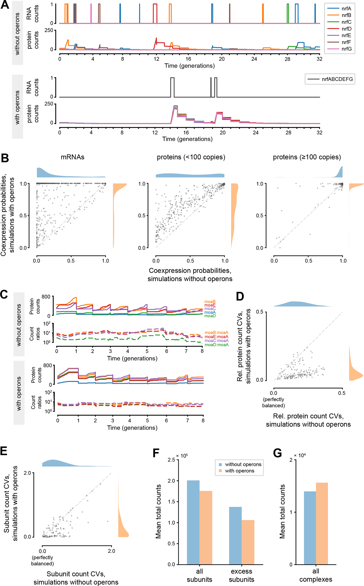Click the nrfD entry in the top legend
346,29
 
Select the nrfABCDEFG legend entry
337,79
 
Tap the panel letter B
5,158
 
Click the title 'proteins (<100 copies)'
191,157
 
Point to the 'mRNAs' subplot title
72,157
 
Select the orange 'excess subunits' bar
248,542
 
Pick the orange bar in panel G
322,523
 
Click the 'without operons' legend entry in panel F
243,464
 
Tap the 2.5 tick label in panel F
171,460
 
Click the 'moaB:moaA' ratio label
216,333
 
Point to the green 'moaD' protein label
210,316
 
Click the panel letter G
277,453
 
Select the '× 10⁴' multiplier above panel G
300,455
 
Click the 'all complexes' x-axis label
316,575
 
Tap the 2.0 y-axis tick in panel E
28,473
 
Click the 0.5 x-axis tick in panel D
342,393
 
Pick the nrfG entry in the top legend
346,49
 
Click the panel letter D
240,296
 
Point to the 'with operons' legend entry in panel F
240,471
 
